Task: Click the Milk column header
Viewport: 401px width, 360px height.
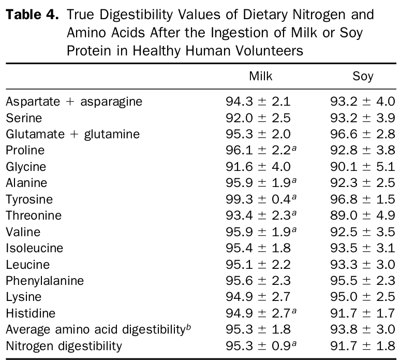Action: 260,76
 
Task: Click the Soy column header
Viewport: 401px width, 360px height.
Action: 363,76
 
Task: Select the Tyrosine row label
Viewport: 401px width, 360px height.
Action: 29,199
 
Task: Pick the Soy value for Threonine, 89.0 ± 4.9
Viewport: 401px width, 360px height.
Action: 363,215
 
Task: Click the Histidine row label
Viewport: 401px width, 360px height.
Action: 31,313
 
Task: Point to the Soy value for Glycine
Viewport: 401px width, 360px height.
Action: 363,167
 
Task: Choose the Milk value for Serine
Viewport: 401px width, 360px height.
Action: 258,118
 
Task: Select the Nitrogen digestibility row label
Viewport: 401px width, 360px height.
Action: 64,346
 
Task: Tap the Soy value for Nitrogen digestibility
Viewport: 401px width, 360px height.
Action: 363,346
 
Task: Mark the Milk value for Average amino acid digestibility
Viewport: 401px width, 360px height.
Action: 258,329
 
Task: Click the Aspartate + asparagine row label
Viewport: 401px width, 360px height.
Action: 73,102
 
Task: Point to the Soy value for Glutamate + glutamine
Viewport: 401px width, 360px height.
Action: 363,134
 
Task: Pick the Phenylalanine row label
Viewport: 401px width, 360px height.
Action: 44,281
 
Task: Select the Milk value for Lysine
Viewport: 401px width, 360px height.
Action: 258,297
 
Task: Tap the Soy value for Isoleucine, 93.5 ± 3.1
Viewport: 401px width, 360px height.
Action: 363,248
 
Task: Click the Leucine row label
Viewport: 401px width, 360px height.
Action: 28,265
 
